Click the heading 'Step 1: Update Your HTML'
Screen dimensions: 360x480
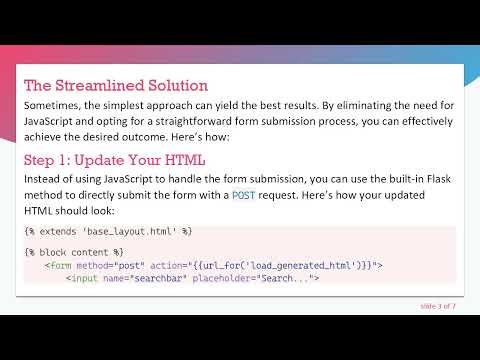pyautogui.click(x=114, y=161)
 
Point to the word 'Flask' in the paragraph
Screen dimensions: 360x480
pyautogui.click(x=433, y=178)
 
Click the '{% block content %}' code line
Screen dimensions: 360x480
pyautogui.click(x=74, y=252)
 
